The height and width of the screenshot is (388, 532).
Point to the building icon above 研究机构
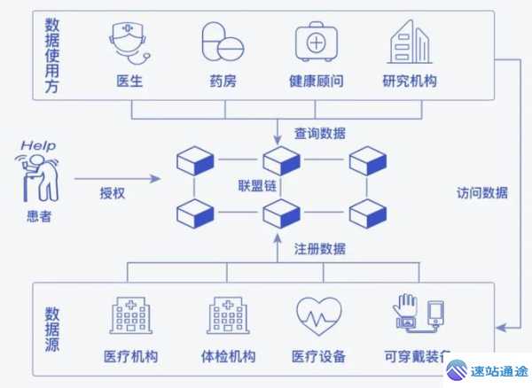tap(409, 41)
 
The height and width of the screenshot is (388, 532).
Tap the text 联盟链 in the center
tap(257, 186)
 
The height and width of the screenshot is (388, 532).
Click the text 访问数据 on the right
tap(482, 193)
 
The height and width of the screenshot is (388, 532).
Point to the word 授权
tap(113, 192)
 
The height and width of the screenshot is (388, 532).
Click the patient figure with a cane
tap(39, 175)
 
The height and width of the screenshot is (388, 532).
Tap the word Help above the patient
tap(37, 144)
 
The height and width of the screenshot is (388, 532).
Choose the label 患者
tap(39, 216)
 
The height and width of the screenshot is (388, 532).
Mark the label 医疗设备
tap(318, 357)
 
